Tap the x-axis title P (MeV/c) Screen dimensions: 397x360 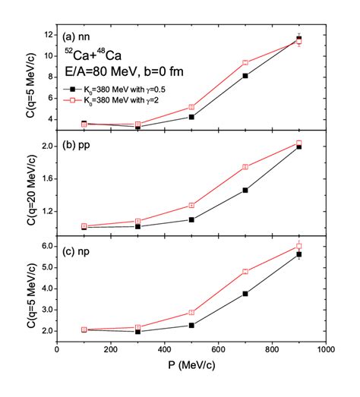point(193,367)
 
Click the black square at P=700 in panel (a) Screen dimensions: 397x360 point(245,76)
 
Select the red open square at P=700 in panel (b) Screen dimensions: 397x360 point(245,167)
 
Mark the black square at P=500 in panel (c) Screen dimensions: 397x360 point(191,325)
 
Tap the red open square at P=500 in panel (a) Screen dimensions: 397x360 point(191,107)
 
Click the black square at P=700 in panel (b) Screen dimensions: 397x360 point(245,190)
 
